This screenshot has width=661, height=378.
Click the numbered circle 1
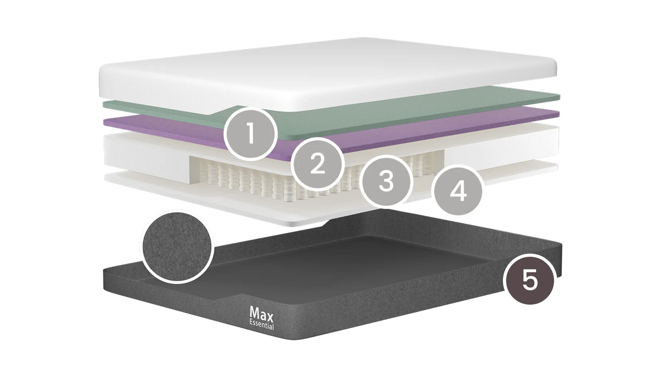251,134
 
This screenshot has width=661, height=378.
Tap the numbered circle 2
317,163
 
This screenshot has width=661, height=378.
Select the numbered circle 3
386,181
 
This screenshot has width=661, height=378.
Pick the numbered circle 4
457,191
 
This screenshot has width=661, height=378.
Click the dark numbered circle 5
530,280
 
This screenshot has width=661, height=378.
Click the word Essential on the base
262,325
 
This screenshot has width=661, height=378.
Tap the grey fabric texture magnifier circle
177,246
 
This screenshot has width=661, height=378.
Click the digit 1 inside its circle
251,134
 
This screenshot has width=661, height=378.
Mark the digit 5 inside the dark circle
530,280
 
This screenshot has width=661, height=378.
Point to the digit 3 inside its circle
386,180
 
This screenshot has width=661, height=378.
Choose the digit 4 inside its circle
457,191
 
